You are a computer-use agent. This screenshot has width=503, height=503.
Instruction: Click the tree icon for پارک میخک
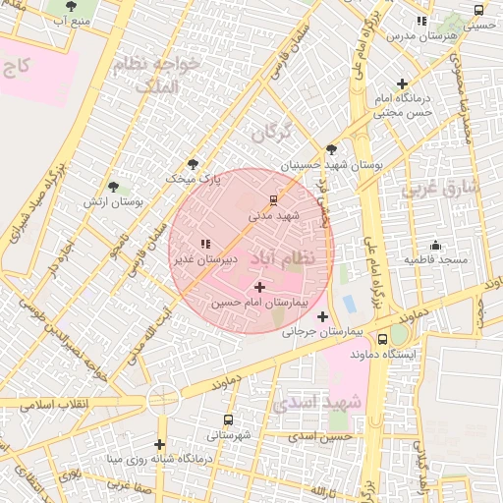(x=193, y=164)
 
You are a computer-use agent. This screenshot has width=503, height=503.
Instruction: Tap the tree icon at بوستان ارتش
(x=114, y=186)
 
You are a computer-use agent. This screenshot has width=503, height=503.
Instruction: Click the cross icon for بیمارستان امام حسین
(x=259, y=287)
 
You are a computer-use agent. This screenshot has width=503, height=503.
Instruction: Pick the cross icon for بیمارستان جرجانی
(x=322, y=316)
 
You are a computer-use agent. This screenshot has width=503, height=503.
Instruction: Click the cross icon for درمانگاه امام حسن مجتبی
(x=402, y=84)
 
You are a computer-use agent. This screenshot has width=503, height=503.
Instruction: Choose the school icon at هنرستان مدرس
(x=421, y=21)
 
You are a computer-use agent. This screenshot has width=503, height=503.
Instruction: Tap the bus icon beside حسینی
(x=477, y=12)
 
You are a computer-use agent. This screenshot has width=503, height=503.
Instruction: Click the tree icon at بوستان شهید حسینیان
(x=332, y=150)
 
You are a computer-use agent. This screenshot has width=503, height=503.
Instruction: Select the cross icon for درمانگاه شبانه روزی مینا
(x=159, y=444)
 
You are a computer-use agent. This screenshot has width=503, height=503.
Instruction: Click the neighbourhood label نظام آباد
(x=285, y=257)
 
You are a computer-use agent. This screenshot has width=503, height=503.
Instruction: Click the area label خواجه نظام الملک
(x=156, y=75)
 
